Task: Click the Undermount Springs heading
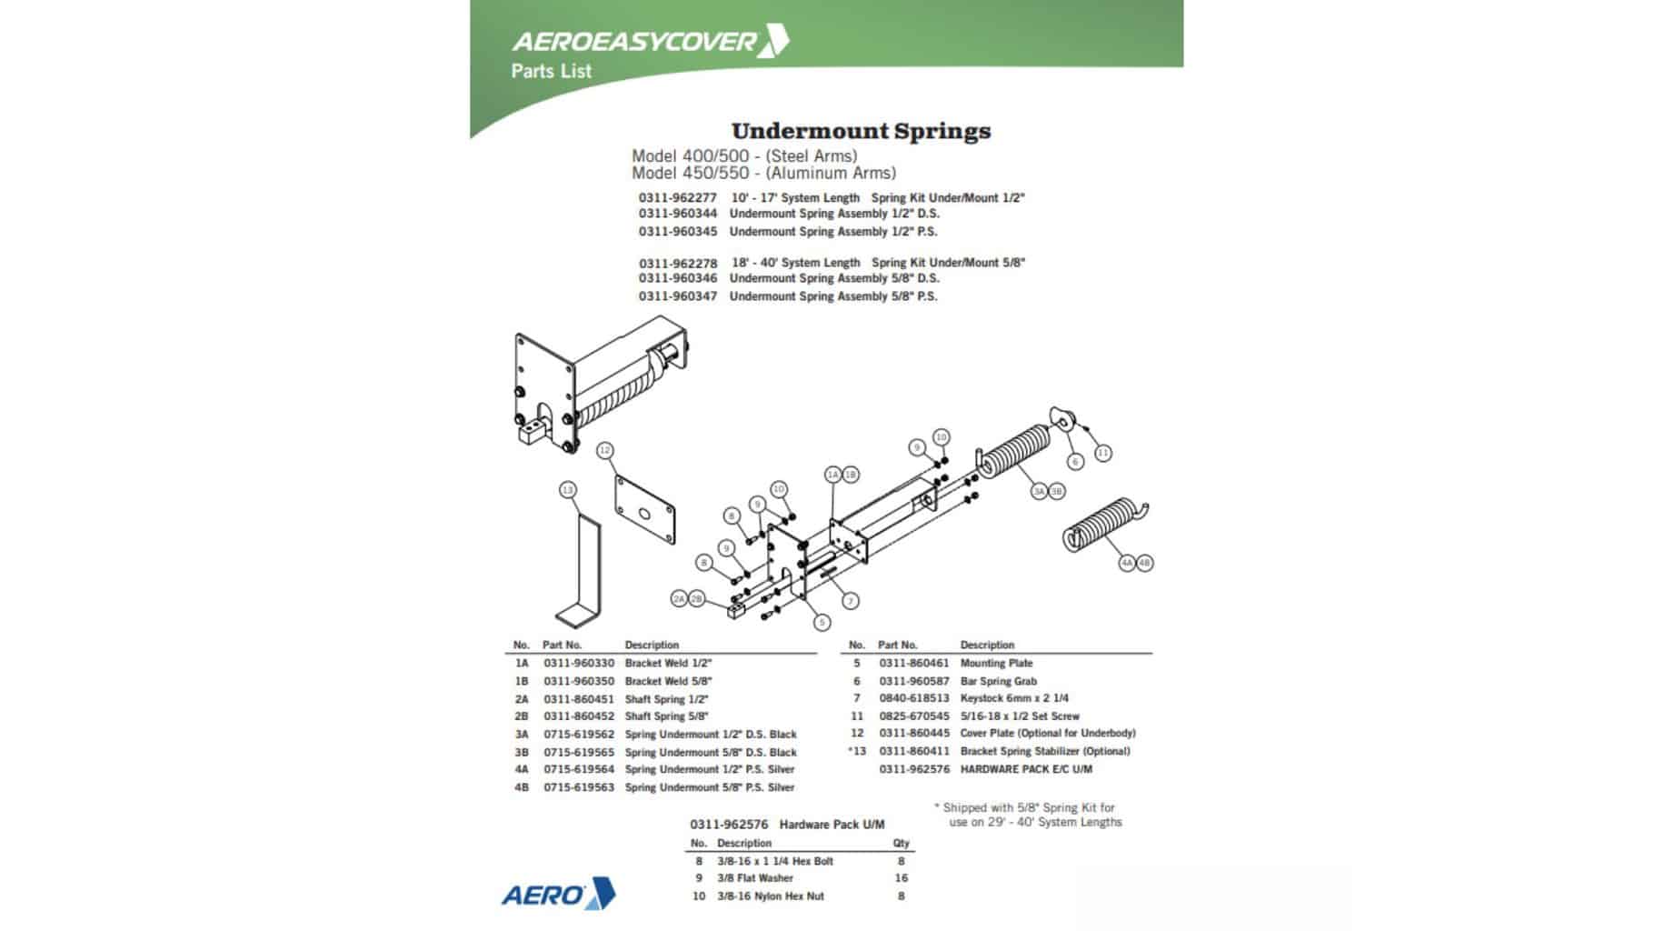coord(860,131)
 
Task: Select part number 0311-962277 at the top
coord(677,197)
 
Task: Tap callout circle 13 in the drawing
coord(567,491)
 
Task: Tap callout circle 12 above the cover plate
coord(604,450)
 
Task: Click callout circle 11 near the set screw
coord(1102,453)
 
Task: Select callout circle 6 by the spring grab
coord(1075,462)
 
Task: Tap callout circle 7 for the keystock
coord(850,601)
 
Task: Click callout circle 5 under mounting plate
coord(822,623)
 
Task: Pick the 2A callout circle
coord(679,599)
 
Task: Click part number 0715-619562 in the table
coord(579,735)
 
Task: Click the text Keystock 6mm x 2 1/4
coord(1013,698)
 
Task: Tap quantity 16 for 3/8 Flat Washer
coord(901,878)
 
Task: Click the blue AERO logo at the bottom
coord(558,895)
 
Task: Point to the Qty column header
coord(901,844)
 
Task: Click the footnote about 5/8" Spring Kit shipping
coord(1029,815)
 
